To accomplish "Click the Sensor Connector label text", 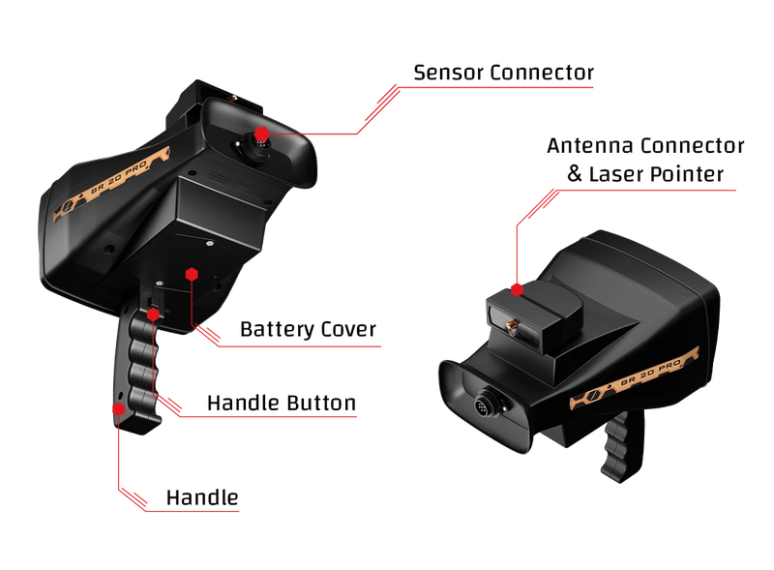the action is pyautogui.click(x=503, y=73).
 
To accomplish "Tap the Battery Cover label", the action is pyautogui.click(x=308, y=329).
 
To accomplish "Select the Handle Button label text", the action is pyautogui.click(x=282, y=403).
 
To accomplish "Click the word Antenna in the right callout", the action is pyautogui.click(x=592, y=146).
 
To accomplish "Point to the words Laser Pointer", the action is pyautogui.click(x=656, y=174).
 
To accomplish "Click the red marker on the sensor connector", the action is pyautogui.click(x=261, y=134).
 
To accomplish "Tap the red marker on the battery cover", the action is pyautogui.click(x=192, y=274).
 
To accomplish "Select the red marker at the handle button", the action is pyautogui.click(x=154, y=315).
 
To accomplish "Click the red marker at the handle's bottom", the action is pyautogui.click(x=118, y=409).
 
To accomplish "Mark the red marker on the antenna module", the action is pyautogui.click(x=517, y=290).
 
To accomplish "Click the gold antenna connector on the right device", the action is pyautogui.click(x=512, y=324).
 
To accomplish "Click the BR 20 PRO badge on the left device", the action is pyautogui.click(x=111, y=183).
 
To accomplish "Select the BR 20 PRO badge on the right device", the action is pyautogui.click(x=636, y=377).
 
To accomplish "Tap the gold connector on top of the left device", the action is pyautogui.click(x=232, y=98).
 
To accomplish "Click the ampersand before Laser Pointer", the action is pyautogui.click(x=574, y=174).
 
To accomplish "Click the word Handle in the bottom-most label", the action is pyautogui.click(x=202, y=497).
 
